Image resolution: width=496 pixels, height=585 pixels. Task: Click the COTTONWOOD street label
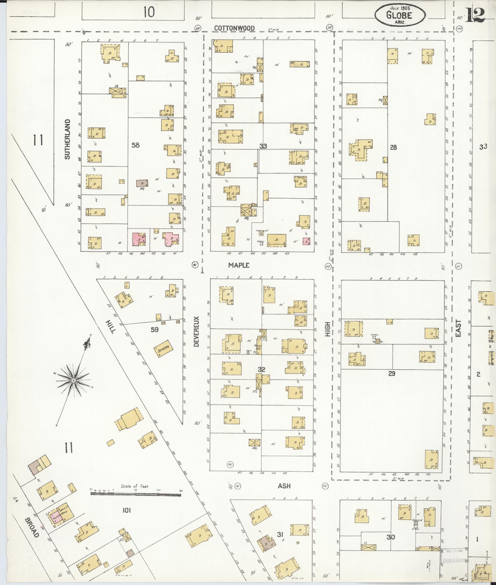coord(234,28)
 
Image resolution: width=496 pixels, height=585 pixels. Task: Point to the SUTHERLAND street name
coord(67,139)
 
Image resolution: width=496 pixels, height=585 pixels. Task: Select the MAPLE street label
coord(239,265)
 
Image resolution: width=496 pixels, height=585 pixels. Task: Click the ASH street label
coord(284,486)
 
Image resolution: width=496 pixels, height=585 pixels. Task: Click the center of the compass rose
coord(73,381)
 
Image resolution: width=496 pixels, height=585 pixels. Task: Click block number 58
coord(135,145)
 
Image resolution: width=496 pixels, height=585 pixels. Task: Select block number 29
coord(391,374)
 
